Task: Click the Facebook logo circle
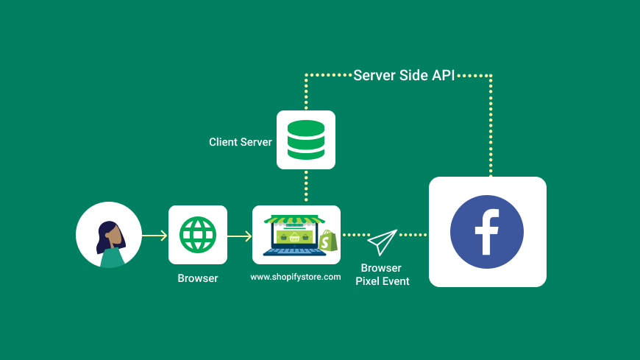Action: [487, 232]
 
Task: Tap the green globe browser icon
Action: [197, 235]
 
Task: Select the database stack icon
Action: [305, 140]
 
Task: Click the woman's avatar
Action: [109, 235]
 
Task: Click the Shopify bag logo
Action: [327, 241]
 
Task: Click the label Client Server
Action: [240, 142]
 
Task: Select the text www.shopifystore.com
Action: [296, 277]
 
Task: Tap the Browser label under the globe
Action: [197, 279]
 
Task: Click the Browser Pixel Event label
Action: [382, 275]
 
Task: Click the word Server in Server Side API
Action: [374, 75]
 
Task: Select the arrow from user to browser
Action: [154, 236]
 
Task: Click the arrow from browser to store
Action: [240, 236]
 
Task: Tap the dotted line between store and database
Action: [305, 187]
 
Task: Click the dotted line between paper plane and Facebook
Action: [413, 236]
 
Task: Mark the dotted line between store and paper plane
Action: [356, 236]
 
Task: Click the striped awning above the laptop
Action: [294, 219]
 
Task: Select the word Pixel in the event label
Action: [369, 281]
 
